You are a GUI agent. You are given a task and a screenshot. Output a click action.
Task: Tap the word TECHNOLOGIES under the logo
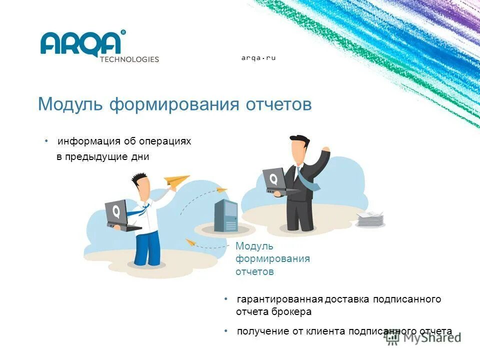point(129,59)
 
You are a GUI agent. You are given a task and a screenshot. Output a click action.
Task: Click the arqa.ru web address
point(258,58)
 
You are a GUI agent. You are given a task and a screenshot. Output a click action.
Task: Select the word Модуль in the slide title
point(71,104)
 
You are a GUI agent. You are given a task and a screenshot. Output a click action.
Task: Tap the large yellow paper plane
point(176,181)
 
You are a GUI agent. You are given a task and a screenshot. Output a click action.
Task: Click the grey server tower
point(225,215)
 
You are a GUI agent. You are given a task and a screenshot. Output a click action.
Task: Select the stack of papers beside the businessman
point(370,219)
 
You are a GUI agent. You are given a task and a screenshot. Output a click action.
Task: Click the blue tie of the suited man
point(306,179)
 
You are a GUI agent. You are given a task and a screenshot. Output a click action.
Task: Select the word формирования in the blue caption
point(272,259)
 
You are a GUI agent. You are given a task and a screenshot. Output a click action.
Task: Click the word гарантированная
point(279,299)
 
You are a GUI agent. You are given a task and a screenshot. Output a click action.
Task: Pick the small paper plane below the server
point(190,242)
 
